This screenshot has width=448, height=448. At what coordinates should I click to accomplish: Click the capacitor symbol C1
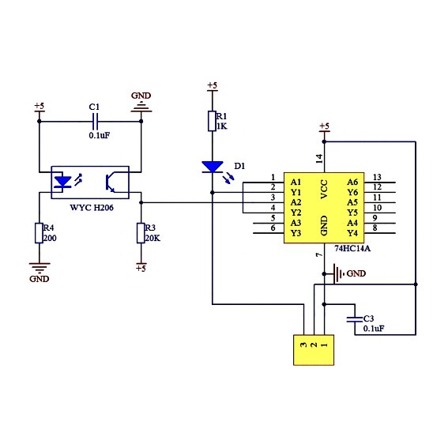pyautogui.click(x=95, y=122)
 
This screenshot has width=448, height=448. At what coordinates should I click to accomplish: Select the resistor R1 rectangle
pyautogui.click(x=212, y=121)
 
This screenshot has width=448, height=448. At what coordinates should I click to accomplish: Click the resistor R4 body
pyautogui.click(x=40, y=233)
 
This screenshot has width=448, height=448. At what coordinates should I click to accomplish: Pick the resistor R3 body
pyautogui.click(x=141, y=233)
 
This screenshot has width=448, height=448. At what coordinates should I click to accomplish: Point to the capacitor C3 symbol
pyautogui.click(x=355, y=319)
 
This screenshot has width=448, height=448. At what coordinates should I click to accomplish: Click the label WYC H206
pyautogui.click(x=92, y=208)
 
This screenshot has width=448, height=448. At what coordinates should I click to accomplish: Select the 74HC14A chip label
pyautogui.click(x=352, y=249)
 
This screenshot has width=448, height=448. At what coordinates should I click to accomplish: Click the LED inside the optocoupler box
pyautogui.click(x=62, y=182)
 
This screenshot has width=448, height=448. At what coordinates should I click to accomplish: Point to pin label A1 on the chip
pyautogui.click(x=296, y=182)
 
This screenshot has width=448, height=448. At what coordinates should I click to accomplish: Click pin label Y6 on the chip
pyautogui.click(x=352, y=192)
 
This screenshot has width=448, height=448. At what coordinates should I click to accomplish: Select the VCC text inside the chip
pyautogui.click(x=324, y=189)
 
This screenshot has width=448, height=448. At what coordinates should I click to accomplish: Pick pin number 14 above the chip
pyautogui.click(x=319, y=159)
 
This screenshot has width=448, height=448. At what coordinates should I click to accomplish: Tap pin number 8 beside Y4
pyautogui.click(x=375, y=228)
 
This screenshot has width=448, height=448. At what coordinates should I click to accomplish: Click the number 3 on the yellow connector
pyautogui.click(x=303, y=344)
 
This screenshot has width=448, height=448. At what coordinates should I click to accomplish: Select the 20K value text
pyautogui.click(x=152, y=238)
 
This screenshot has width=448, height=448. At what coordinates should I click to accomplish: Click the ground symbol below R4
pyautogui.click(x=40, y=268)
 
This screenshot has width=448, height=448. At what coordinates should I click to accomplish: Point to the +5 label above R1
pyautogui.click(x=213, y=85)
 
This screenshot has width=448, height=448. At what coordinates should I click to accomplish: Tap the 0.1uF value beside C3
pyautogui.click(x=374, y=329)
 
